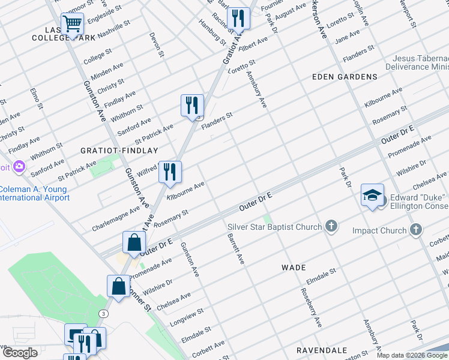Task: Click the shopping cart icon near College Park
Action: click(72, 25)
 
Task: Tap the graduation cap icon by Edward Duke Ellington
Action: click(372, 195)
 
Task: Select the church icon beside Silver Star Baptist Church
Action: click(331, 226)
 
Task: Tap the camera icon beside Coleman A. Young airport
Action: click(20, 166)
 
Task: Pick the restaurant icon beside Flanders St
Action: click(192, 105)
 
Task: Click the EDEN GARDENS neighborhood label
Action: click(345, 77)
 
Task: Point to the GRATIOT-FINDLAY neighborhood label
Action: click(119, 151)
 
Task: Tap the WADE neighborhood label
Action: click(294, 268)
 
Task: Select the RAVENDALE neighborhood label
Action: click(322, 350)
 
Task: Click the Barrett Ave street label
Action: click(235, 249)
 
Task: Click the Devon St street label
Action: click(157, 45)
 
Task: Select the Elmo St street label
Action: click(36, 100)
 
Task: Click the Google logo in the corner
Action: click(20, 353)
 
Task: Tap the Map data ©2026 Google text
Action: click(412, 355)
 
